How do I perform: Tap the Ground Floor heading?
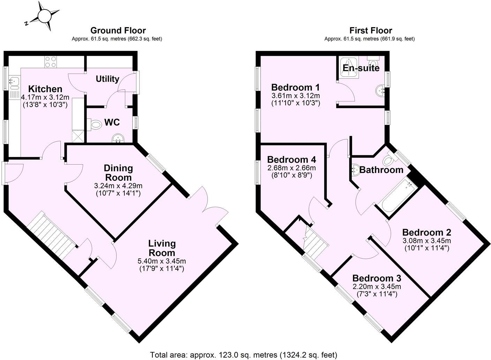(x=118, y=30)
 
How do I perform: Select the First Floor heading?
(x=371, y=30)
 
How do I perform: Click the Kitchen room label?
(x=45, y=89)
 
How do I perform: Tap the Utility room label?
(x=107, y=79)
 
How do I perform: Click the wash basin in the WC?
(x=118, y=140)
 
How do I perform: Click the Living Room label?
(x=162, y=248)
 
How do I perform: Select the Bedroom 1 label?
(x=295, y=87)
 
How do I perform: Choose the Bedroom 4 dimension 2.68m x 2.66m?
(x=292, y=168)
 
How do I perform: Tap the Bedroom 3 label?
(x=377, y=278)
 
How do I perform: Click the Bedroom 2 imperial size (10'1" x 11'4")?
(x=426, y=248)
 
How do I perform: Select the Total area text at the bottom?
(x=243, y=355)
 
